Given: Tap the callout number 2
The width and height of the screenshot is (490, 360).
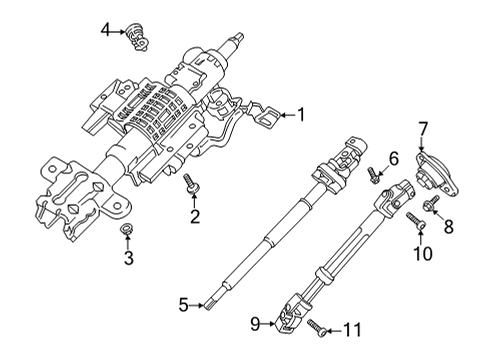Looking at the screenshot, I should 196,216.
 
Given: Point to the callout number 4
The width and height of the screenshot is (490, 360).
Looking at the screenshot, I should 106,31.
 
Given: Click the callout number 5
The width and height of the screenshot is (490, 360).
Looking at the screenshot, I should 182,305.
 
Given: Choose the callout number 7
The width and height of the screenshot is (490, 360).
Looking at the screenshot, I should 423,127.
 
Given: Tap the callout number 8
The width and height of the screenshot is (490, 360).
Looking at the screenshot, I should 448,227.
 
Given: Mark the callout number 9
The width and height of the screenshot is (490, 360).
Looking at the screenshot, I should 255,322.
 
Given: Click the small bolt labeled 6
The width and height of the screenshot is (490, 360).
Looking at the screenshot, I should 372,174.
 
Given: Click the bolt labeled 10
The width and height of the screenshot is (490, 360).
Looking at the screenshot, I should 413,220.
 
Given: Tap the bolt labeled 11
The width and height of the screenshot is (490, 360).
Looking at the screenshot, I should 317,325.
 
